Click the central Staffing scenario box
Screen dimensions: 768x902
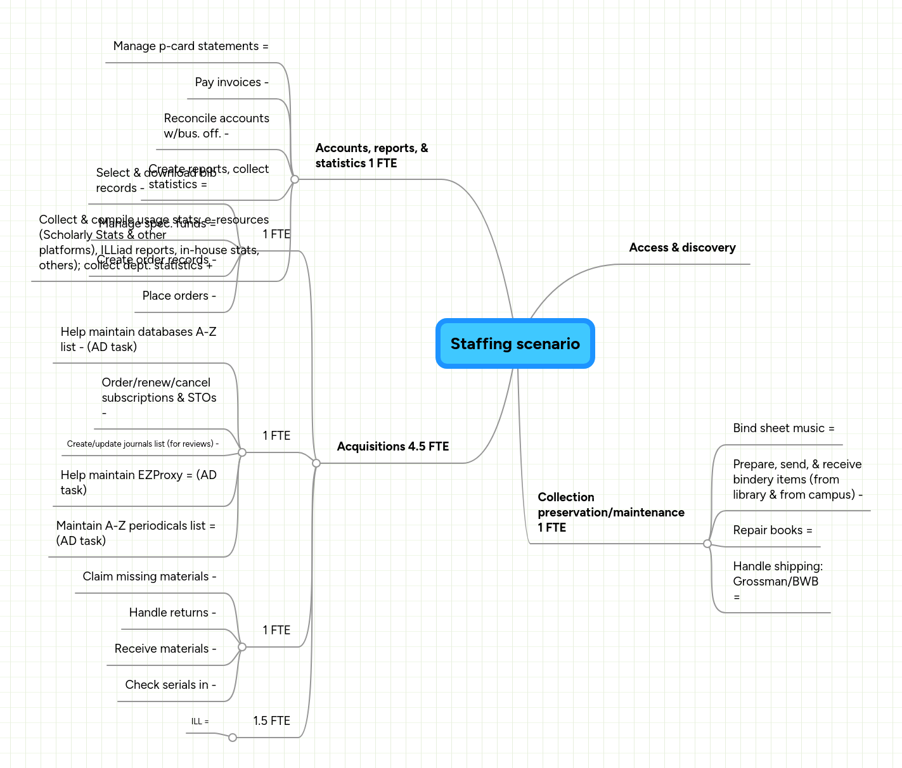click(x=515, y=343)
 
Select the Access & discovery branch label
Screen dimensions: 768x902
click(x=682, y=248)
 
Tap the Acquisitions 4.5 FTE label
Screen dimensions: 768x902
click(x=392, y=447)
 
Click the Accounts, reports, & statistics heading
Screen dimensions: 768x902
click(x=371, y=155)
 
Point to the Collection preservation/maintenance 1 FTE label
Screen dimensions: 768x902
click(x=610, y=512)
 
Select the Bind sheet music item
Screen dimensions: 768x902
click(x=783, y=428)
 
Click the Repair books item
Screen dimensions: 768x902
click(x=772, y=530)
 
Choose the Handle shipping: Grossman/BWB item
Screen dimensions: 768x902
click(x=777, y=581)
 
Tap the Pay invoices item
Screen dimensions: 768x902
click(x=231, y=82)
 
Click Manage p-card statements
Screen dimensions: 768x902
click(x=190, y=46)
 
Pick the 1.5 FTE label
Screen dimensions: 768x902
click(x=271, y=721)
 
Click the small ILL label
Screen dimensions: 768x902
click(x=200, y=722)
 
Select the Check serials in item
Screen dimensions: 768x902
click(x=171, y=685)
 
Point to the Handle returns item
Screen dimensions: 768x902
click(x=172, y=613)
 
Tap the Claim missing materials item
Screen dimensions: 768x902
click(x=150, y=577)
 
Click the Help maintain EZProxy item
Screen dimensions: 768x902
click(x=138, y=482)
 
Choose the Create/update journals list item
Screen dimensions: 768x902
click(x=143, y=444)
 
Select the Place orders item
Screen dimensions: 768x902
click(x=179, y=296)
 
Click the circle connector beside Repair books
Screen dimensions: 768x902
click(x=707, y=544)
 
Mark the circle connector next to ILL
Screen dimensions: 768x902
click(x=233, y=738)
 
